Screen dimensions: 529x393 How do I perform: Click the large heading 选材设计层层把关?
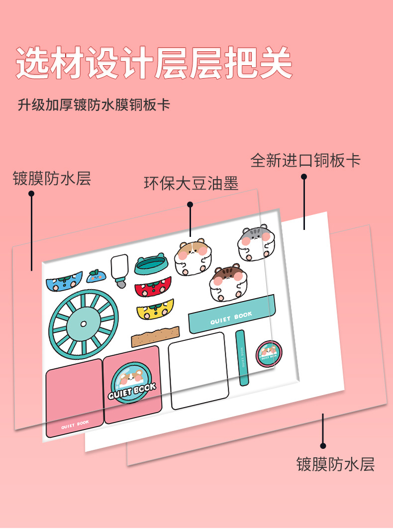[x=154, y=63]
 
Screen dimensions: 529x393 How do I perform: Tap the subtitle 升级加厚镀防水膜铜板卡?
[x=94, y=106]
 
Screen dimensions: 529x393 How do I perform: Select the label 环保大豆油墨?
[x=191, y=184]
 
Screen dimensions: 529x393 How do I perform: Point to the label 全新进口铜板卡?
[x=305, y=161]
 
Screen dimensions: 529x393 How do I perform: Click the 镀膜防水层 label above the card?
[x=52, y=178]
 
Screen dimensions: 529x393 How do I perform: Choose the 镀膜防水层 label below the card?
[x=335, y=464]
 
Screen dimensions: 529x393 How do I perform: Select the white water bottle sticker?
[x=120, y=269]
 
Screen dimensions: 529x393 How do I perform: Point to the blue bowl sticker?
[x=64, y=282]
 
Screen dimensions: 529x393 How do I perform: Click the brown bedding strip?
[x=155, y=336]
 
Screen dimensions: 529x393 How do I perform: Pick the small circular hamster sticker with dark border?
[x=269, y=353]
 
